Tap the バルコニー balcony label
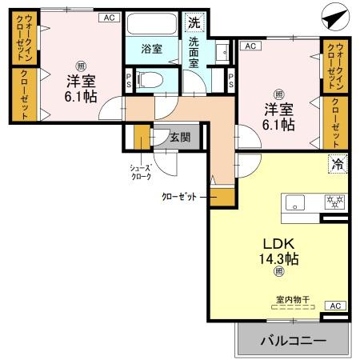(293, 341)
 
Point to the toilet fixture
(149, 78)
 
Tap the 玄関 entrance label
(180, 137)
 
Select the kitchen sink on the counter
(296, 202)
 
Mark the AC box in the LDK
(336, 306)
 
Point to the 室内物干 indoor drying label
(293, 300)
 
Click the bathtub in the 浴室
(150, 23)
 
